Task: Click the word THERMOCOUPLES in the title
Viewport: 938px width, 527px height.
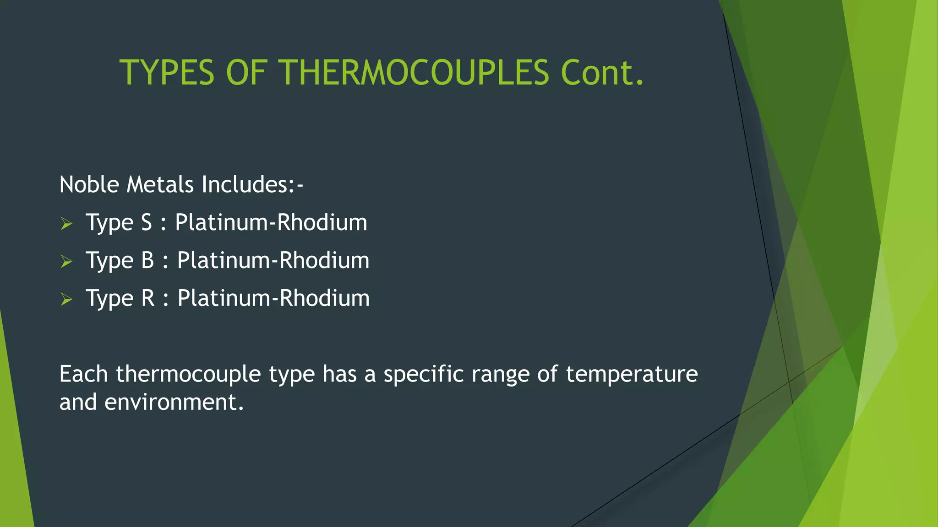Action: (414, 72)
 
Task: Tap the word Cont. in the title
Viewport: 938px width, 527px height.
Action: (602, 72)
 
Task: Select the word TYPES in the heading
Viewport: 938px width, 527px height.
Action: (167, 72)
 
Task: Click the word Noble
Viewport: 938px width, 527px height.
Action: (89, 184)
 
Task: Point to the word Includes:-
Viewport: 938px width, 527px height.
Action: (252, 184)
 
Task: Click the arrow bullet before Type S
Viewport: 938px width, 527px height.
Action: (66, 224)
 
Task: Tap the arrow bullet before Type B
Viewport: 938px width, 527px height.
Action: (66, 262)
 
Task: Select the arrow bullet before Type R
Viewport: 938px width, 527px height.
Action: (66, 300)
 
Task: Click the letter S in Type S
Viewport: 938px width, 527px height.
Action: (146, 223)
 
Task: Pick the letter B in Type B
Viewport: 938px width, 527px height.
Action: (147, 261)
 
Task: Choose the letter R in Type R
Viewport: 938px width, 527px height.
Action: (148, 299)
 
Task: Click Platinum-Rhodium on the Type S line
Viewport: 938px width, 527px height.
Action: (271, 223)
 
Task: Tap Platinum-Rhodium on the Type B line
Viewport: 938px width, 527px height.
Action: (273, 261)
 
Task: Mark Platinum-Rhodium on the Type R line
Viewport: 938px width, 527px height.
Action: (273, 299)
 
